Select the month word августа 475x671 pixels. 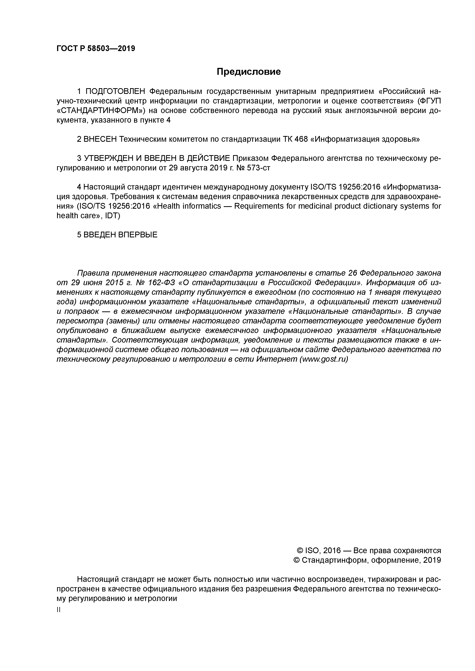pyautogui.click(x=194, y=168)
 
